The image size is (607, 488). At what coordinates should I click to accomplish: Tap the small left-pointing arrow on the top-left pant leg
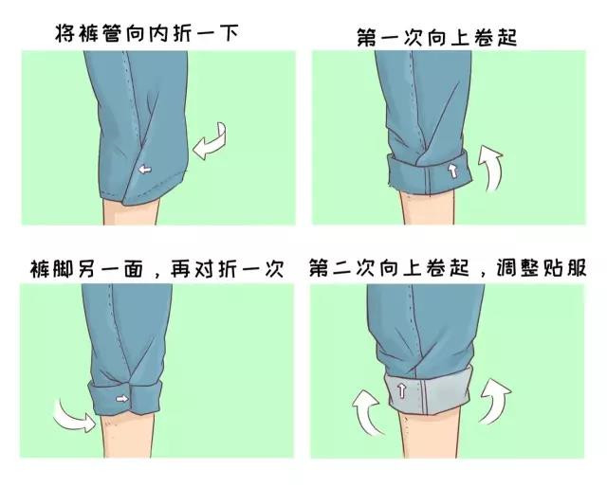(x=143, y=169)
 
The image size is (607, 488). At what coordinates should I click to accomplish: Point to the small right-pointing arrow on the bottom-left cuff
(x=122, y=401)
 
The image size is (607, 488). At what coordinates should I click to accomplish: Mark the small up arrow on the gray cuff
(x=402, y=390)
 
